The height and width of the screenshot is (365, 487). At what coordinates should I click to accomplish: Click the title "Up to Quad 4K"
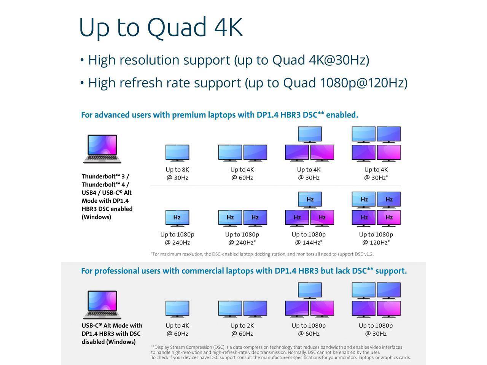(160, 27)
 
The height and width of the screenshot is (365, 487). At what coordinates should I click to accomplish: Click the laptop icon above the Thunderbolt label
(102, 149)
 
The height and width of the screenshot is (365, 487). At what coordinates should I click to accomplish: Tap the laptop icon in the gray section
(102, 305)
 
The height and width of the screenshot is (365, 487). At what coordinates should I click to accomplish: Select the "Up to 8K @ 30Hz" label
(177, 174)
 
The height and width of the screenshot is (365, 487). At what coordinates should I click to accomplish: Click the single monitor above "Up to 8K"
(177, 153)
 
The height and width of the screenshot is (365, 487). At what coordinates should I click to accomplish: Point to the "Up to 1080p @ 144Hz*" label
(309, 238)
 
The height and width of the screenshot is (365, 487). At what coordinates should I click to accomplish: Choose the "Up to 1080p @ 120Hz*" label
(376, 238)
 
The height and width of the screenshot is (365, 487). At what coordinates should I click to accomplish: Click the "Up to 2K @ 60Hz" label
(242, 330)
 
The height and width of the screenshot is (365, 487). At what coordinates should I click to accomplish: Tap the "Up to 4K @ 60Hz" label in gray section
(177, 330)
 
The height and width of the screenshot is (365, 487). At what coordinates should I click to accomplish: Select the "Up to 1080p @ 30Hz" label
(376, 330)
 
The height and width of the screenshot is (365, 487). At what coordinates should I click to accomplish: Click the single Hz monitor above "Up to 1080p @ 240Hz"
(177, 218)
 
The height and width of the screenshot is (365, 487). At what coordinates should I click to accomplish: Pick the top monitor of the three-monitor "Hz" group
(310, 200)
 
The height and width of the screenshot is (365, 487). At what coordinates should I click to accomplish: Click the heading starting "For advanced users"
(220, 115)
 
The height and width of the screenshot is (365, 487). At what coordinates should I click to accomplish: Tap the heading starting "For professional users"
(244, 271)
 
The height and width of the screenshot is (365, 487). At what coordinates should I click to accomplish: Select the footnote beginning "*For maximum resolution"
(262, 254)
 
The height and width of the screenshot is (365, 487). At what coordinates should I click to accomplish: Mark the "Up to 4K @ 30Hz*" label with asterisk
(376, 174)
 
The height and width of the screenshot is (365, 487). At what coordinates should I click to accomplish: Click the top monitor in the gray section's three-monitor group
(310, 290)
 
